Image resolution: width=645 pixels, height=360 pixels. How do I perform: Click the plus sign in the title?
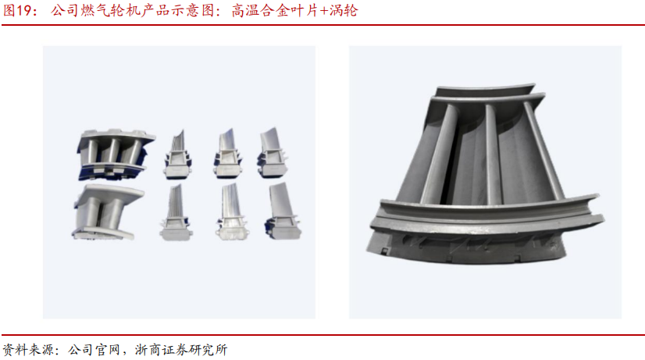(x=324, y=11)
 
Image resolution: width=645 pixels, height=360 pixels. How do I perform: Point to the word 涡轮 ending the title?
(x=344, y=11)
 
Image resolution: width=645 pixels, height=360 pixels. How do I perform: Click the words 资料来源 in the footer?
(x=28, y=350)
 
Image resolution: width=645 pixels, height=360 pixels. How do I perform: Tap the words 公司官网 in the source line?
(x=94, y=350)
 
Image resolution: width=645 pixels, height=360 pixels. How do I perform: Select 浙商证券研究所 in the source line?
(x=181, y=350)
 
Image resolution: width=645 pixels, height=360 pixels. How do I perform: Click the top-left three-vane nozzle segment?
(x=116, y=155)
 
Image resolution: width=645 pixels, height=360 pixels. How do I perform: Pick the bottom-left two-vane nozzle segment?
(x=108, y=212)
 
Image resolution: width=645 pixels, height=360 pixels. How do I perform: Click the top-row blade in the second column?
(x=178, y=155)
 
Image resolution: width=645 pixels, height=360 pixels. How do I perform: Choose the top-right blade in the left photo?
(x=272, y=152)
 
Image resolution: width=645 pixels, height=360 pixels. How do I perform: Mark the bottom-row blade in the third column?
(x=232, y=212)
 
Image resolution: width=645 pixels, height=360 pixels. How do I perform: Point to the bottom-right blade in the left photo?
(x=283, y=211)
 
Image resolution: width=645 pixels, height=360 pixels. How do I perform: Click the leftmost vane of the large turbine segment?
(x=440, y=155)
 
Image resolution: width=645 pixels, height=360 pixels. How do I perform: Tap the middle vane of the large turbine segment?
(x=493, y=155)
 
